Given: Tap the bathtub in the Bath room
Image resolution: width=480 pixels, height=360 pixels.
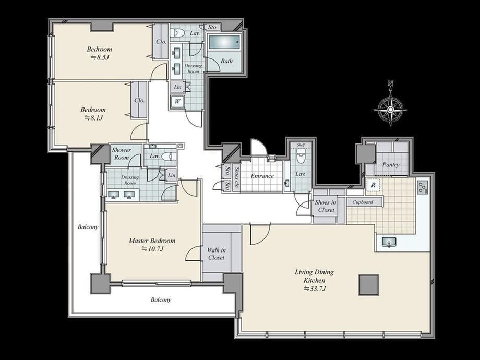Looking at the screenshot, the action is (224, 42).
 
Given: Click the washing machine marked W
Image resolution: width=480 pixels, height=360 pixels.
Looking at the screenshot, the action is (177, 101).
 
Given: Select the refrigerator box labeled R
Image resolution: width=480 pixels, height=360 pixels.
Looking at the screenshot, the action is (373, 185).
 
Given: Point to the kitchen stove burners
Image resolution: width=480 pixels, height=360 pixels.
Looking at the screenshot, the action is (423, 187).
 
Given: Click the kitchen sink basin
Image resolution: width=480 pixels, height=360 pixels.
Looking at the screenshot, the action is (389, 243).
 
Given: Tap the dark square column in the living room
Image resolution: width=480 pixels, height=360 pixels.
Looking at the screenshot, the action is (368, 285).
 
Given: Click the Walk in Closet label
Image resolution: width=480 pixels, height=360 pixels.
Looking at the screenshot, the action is (217, 254).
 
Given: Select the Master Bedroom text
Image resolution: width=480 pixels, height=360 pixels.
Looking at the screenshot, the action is (152, 241).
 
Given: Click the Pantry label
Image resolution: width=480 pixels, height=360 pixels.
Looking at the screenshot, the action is (391, 165).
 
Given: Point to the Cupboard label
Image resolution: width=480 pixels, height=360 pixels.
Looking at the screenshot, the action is (363, 202).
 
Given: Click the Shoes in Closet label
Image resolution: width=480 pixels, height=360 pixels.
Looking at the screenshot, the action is (326, 206).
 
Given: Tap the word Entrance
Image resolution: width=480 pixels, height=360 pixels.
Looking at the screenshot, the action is (262, 176).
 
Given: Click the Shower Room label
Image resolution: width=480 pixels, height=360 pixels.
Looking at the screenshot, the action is (122, 154).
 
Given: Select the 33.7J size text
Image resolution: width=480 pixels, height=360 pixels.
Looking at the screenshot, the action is (315, 289).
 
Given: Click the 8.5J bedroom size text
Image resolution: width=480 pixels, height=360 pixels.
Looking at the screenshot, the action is (100, 57).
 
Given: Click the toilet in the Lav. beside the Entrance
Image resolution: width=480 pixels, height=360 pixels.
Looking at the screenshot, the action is (301, 158).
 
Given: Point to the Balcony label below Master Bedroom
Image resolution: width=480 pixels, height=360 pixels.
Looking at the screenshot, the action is (161, 299).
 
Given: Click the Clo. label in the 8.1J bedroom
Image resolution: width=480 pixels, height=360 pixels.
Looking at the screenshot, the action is (140, 100).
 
